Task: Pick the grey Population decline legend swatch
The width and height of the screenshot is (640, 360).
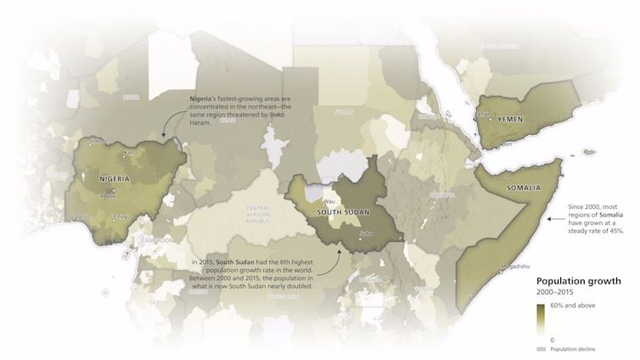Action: tap(540, 349)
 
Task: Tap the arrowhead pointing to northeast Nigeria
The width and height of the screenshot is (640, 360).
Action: tap(162, 138)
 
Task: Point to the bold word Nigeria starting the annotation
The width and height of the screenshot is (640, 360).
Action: tap(203, 100)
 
